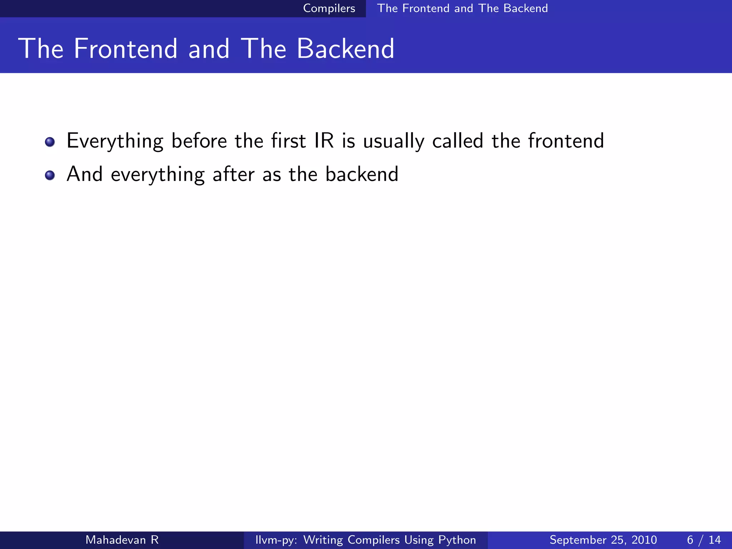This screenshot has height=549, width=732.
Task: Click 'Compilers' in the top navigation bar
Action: [329, 8]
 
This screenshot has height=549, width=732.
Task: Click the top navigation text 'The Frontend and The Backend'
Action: [462, 8]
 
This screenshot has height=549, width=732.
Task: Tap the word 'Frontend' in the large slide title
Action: [125, 49]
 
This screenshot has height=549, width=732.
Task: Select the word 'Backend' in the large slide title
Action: [345, 49]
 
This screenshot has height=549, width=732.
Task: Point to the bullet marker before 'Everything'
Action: [50, 142]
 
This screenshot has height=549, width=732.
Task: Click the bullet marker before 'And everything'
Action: [50, 175]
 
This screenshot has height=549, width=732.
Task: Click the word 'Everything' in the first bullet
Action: [115, 141]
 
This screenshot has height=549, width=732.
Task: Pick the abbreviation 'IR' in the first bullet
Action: [324, 140]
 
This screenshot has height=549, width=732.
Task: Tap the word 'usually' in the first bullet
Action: [394, 141]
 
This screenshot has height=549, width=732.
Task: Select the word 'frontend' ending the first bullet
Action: [566, 140]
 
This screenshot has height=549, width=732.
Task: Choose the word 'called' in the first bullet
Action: [457, 140]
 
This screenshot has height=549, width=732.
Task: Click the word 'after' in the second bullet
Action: [234, 174]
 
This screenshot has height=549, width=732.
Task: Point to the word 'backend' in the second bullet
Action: [362, 174]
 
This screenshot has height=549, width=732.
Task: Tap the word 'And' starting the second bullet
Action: [85, 174]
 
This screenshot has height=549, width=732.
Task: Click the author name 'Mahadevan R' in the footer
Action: [122, 540]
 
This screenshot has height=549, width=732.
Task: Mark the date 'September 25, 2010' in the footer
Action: [603, 540]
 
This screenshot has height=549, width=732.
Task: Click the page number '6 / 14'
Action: [704, 540]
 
